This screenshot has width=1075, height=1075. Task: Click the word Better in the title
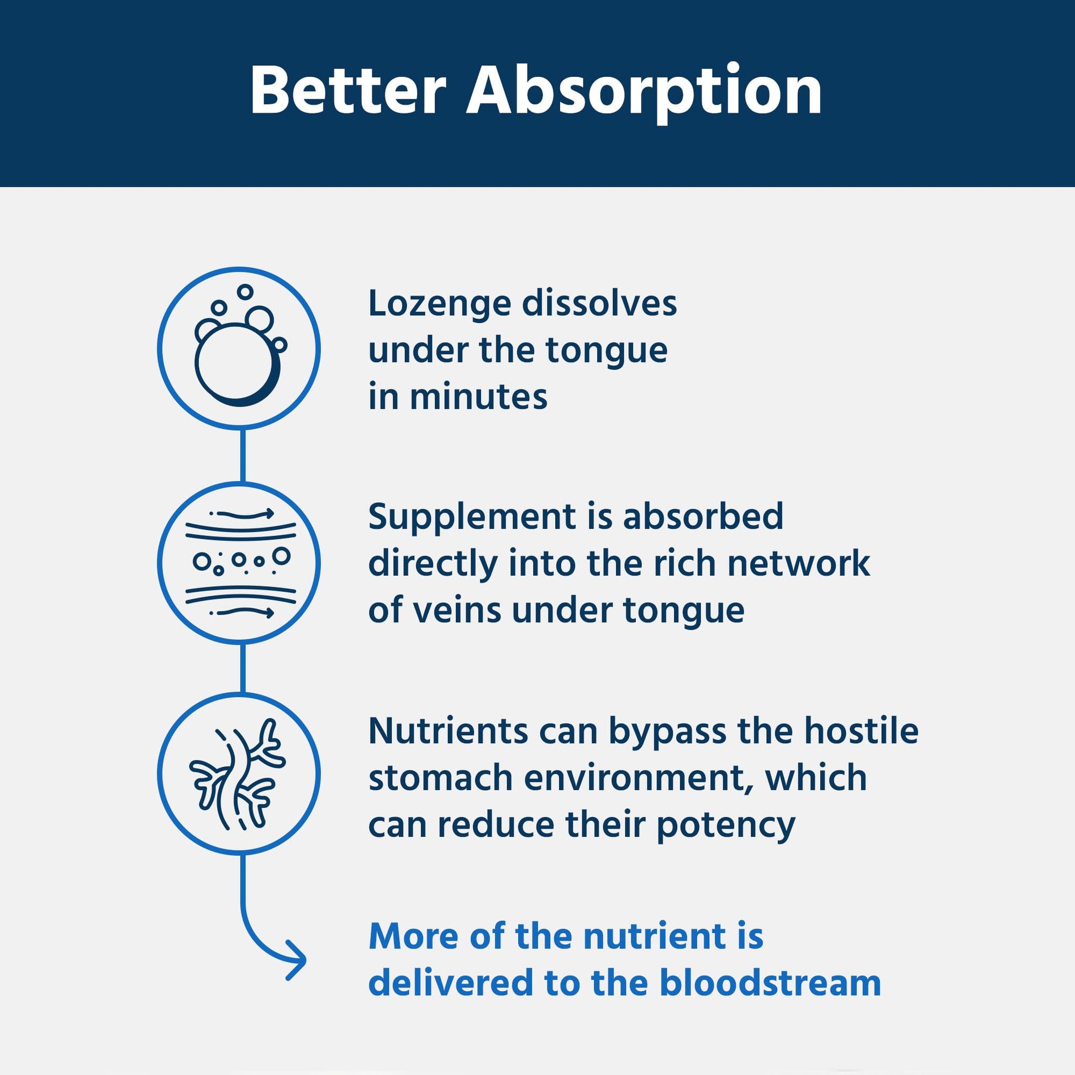[x=349, y=91]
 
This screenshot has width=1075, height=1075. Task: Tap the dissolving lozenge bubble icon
[x=239, y=348]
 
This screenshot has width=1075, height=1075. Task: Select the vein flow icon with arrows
[x=239, y=563]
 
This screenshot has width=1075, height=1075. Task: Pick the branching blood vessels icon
[x=239, y=773]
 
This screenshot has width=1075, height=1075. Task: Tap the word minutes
[x=478, y=397]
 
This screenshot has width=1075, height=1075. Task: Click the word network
[x=798, y=563]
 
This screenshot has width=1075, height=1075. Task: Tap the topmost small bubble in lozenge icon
[x=245, y=292]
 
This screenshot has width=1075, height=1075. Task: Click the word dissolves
[x=599, y=304]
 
